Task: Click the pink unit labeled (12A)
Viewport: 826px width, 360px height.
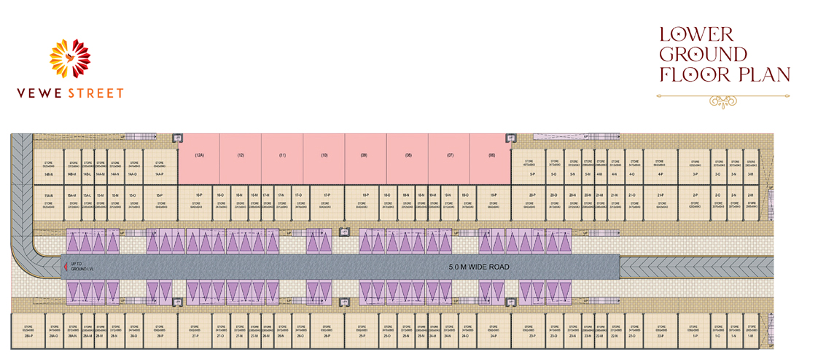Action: pyautogui.click(x=199, y=158)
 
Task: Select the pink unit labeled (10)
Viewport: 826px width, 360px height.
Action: pyautogui.click(x=324, y=158)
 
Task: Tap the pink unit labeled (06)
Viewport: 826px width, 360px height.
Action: pyautogui.click(x=491, y=158)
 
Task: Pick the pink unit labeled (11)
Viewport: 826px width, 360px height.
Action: pyautogui.click(x=282, y=158)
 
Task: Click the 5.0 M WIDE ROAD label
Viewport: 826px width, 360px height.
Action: pyautogui.click(x=478, y=267)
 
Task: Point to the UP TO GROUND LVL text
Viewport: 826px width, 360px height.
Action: pyautogui.click(x=79, y=266)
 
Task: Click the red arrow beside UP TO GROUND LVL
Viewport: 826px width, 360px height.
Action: pyautogui.click(x=64, y=266)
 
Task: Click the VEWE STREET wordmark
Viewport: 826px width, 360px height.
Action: pyautogui.click(x=69, y=93)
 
